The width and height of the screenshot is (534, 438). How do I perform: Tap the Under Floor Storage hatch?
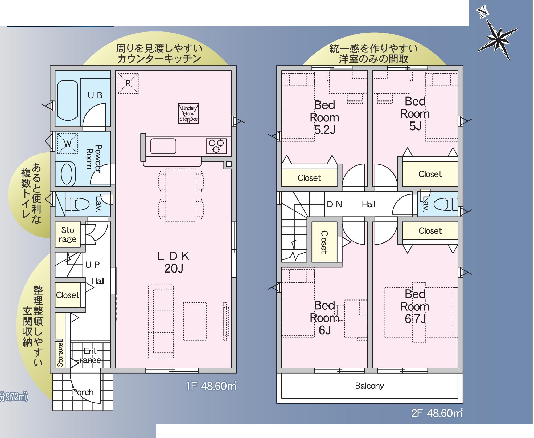click(188, 113)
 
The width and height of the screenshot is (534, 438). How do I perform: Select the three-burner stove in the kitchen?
click(216, 146)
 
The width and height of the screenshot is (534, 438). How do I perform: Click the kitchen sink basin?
click(163, 146)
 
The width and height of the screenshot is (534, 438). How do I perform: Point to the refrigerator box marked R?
click(128, 83)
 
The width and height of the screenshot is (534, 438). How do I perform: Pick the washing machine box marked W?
click(68, 144)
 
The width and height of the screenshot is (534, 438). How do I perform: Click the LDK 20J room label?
click(174, 262)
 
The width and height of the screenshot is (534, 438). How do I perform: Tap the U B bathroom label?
click(95, 95)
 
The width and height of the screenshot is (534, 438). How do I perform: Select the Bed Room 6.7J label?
click(415, 306)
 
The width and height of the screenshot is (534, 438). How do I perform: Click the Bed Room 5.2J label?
click(324, 117)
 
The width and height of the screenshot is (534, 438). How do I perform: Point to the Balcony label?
click(369, 386)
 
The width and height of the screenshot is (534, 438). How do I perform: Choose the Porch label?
click(83, 392)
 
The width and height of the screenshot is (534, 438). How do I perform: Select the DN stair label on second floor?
click(334, 204)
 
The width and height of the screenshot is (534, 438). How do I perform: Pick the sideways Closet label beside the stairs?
click(324, 242)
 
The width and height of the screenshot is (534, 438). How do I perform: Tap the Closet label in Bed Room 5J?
click(430, 174)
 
